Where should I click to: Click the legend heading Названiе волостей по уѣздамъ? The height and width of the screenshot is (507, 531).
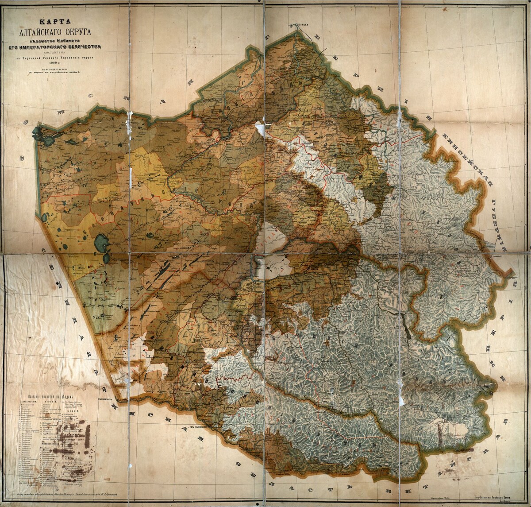(x=49, y=398)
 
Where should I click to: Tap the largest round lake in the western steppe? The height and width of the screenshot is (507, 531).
(x=101, y=243)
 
